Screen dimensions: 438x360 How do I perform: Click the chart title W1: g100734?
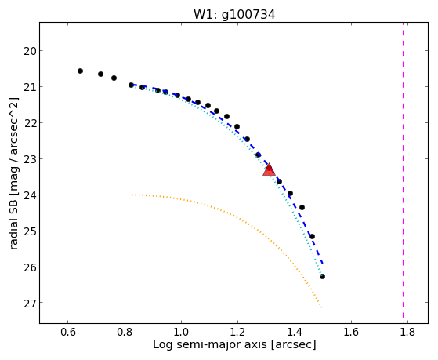click(234, 14)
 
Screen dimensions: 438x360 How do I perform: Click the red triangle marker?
click(269, 170)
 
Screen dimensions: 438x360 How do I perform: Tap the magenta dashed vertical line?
click(403, 170)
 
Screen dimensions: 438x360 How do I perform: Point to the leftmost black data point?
click(80, 71)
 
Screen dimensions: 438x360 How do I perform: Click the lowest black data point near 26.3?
click(322, 277)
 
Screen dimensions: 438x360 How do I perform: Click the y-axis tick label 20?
click(30, 51)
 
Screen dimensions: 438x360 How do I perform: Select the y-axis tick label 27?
click(30, 304)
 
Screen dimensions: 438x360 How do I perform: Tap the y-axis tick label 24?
click(30, 195)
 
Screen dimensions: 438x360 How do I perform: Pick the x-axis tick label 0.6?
click(68, 332)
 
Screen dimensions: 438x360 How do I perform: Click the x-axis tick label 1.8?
click(407, 332)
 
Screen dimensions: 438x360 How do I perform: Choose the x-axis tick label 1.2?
click(237, 332)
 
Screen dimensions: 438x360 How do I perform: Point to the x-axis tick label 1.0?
click(181, 332)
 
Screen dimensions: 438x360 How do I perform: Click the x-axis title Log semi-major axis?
click(209, 344)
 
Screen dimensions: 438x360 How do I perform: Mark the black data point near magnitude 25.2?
click(313, 237)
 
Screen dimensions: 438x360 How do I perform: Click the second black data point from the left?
click(100, 75)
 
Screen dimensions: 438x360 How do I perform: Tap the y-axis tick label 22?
click(30, 123)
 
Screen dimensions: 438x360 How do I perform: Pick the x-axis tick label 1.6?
click(351, 332)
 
